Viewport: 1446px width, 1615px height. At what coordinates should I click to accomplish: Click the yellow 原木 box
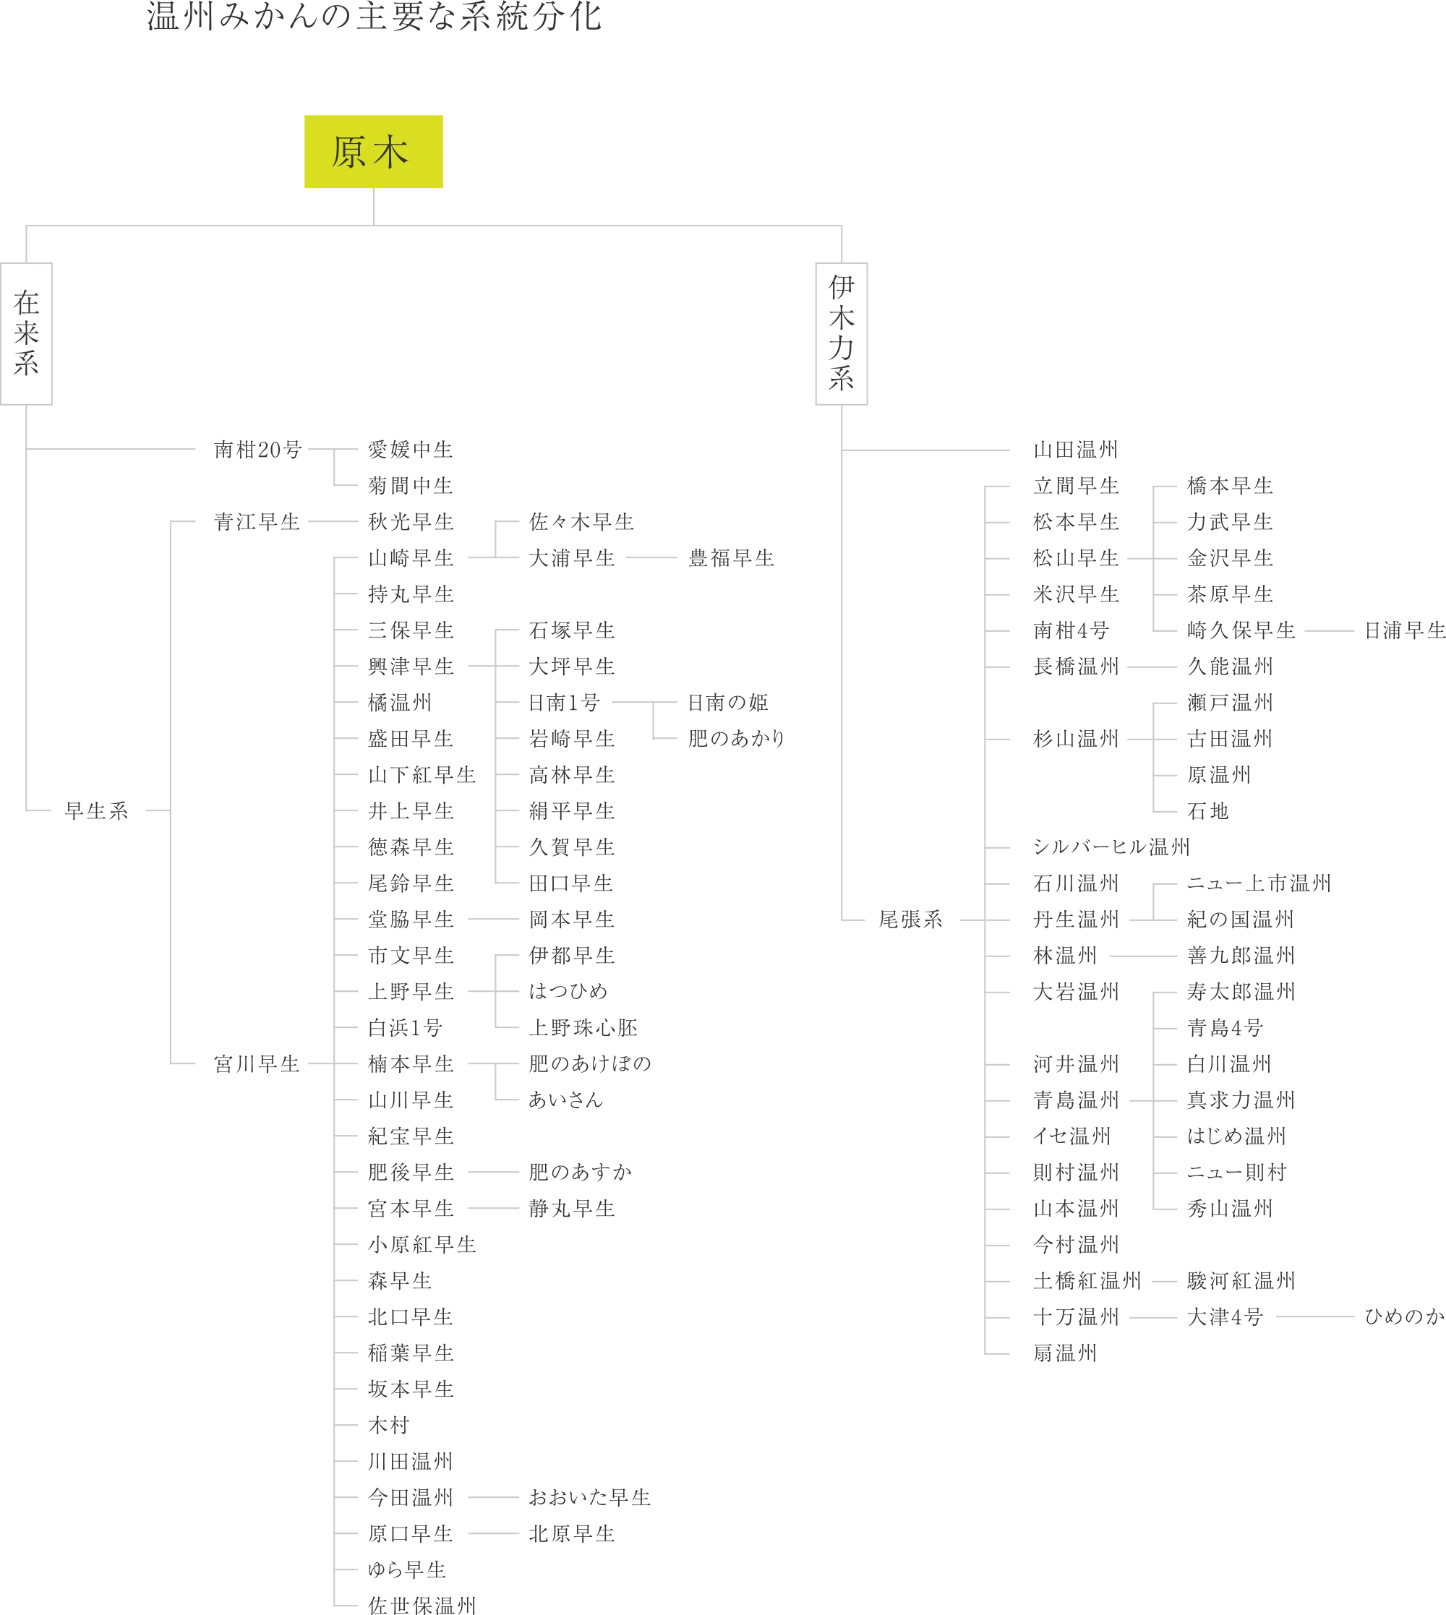tap(372, 151)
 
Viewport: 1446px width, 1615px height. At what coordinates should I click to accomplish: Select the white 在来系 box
tap(27, 335)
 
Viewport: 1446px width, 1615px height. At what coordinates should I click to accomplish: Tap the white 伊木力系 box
tap(841, 335)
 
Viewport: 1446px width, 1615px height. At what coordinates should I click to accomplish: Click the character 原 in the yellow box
tap(348, 152)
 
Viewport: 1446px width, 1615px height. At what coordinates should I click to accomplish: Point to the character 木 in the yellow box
tap(391, 152)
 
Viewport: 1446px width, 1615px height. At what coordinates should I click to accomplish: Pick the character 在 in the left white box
tap(26, 303)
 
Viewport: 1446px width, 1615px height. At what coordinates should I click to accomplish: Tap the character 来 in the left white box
tap(26, 333)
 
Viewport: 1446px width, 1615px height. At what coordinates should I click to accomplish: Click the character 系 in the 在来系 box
tap(26, 364)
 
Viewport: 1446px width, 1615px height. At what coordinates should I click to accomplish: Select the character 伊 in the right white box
tap(842, 288)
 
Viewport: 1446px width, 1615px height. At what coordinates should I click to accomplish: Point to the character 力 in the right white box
tap(842, 348)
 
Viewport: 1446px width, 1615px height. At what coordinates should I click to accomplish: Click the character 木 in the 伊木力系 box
tap(842, 318)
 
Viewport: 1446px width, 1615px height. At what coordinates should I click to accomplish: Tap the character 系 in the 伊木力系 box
tap(842, 378)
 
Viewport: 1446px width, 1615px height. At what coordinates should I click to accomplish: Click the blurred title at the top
tap(372, 17)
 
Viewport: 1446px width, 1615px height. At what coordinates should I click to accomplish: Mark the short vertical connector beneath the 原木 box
tap(372, 205)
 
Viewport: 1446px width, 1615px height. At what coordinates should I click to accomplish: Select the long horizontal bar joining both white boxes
tap(433, 226)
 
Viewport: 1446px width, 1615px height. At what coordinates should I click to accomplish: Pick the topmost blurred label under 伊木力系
tap(1074, 451)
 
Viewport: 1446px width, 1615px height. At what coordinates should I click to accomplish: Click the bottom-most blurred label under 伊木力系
tap(1063, 1353)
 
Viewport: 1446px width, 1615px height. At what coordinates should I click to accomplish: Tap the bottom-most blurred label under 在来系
tap(421, 1605)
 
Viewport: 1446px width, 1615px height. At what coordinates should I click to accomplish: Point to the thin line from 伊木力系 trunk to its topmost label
tap(927, 448)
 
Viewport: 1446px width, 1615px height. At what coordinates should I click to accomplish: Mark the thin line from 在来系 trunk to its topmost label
tap(111, 448)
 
